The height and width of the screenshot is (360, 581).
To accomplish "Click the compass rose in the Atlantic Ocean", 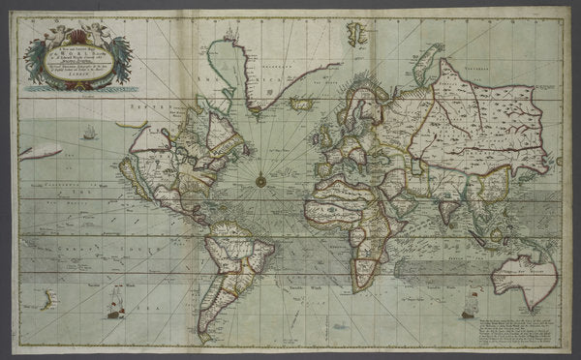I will pyautogui.click(x=260, y=178).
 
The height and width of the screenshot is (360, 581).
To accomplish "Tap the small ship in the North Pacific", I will pyautogui.click(x=89, y=132).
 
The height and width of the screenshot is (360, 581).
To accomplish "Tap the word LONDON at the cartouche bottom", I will pyautogui.click(x=78, y=84).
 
